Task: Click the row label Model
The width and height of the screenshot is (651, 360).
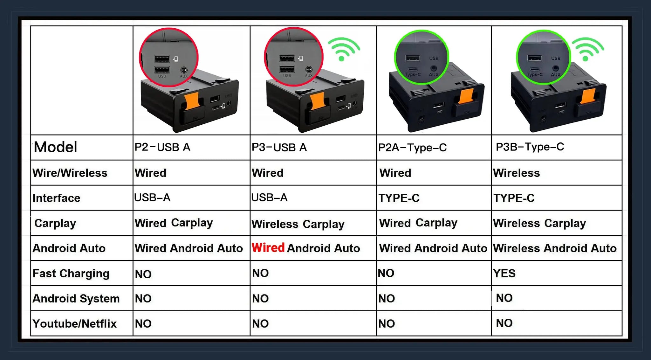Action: (x=55, y=147)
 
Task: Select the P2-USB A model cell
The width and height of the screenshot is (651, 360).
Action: (x=162, y=147)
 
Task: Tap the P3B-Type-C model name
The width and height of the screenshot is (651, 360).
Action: (x=530, y=147)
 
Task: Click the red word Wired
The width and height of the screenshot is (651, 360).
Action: (x=268, y=247)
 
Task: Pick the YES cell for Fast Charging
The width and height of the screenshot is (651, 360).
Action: (x=504, y=273)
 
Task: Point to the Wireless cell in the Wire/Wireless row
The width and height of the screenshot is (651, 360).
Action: (x=516, y=173)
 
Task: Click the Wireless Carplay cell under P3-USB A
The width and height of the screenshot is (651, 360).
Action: (x=298, y=224)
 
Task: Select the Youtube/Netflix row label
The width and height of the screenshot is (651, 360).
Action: (x=74, y=324)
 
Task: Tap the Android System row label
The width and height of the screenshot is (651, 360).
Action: (x=76, y=299)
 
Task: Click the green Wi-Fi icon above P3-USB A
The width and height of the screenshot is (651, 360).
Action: (x=344, y=48)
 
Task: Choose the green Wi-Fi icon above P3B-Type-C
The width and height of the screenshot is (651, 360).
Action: (x=588, y=48)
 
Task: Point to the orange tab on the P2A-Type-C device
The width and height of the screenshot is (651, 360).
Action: (x=466, y=96)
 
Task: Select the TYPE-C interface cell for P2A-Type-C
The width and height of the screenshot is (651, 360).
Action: (x=399, y=198)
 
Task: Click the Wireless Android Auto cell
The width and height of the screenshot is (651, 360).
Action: (x=555, y=248)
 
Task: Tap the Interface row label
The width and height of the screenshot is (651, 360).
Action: (x=56, y=198)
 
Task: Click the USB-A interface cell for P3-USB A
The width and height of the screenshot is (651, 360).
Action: (x=269, y=197)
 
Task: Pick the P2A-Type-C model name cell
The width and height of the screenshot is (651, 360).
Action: (x=412, y=148)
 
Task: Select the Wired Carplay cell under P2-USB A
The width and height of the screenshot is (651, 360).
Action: (x=174, y=223)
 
